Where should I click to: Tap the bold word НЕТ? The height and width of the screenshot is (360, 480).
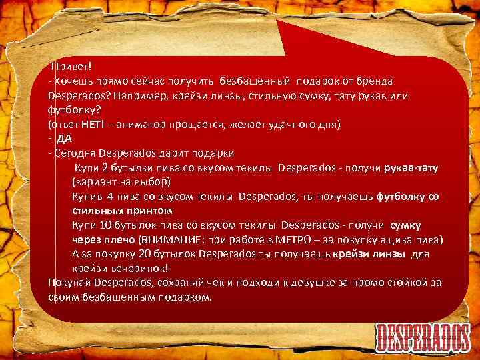[x=91, y=125]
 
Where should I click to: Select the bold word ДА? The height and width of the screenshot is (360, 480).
[x=65, y=139]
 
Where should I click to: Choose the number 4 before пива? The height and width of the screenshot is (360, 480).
[x=110, y=197]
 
